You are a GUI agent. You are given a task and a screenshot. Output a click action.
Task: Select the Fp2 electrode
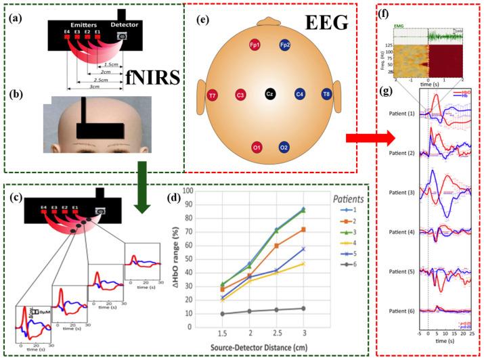pos(286,45)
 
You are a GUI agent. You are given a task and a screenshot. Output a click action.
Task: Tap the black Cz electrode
pos(269,94)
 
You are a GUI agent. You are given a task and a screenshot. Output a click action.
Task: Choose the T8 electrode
pos(327,94)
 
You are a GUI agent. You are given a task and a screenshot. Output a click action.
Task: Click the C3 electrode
pos(240,94)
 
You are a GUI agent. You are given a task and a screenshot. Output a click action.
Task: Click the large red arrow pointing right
pos(369,139)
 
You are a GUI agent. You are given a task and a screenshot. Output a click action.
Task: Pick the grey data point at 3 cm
pos(303,309)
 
